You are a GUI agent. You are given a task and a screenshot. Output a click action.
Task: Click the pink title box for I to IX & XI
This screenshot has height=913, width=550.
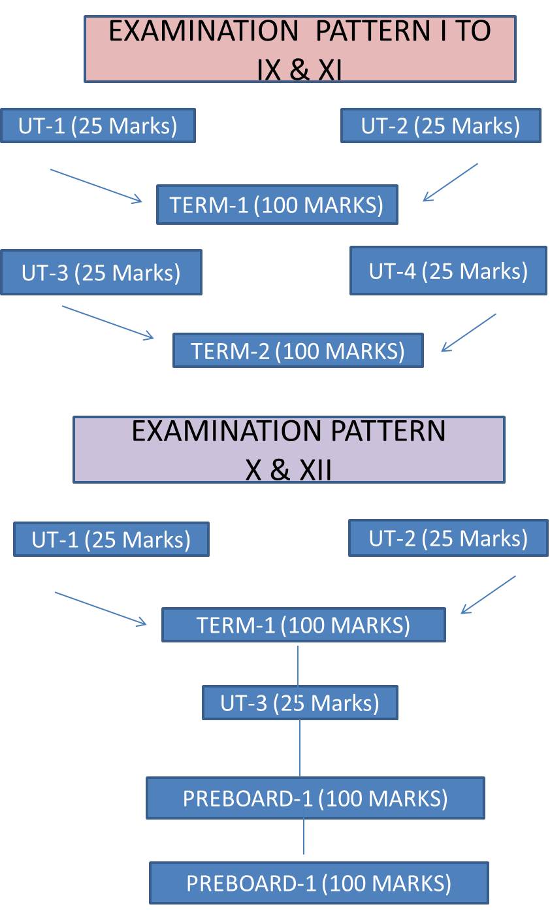300,49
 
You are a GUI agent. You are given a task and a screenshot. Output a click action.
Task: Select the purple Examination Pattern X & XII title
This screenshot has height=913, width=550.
289,450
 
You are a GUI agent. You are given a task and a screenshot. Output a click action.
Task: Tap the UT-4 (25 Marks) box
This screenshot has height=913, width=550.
448,271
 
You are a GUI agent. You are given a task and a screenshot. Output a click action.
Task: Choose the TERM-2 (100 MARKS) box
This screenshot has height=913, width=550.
298,350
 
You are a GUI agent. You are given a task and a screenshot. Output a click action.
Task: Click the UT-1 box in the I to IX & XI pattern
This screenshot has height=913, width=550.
98,125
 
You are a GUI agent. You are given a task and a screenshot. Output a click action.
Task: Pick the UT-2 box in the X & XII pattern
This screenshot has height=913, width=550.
448,538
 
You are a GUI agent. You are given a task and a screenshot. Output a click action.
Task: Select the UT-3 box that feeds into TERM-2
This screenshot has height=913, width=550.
101,272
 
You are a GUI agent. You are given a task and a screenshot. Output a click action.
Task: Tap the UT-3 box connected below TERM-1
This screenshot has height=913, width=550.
300,703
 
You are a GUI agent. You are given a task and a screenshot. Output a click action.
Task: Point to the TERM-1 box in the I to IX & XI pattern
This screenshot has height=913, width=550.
277,205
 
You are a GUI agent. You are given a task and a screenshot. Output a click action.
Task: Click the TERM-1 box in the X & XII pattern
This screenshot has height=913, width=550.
303,625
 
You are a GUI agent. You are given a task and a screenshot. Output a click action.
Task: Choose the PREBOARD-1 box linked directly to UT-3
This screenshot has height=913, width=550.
315,798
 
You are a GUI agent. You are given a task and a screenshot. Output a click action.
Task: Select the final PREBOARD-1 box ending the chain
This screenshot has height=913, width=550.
319,883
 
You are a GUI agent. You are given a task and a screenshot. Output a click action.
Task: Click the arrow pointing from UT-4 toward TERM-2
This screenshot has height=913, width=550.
469,333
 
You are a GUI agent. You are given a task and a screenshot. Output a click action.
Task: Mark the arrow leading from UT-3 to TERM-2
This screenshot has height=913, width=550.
108,322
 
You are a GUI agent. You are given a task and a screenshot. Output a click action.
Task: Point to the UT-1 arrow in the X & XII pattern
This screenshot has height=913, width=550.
101,608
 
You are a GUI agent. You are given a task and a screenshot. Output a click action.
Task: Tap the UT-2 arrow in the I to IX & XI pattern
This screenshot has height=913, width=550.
451,182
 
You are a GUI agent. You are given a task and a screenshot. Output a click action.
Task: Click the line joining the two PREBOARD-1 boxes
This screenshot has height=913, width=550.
304,837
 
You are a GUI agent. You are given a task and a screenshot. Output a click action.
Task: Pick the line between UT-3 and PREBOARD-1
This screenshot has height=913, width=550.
300,748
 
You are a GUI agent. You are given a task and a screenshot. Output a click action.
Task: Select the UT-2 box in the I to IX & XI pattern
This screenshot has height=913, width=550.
441,125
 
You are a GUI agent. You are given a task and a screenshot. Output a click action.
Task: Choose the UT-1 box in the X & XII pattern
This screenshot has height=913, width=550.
111,539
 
